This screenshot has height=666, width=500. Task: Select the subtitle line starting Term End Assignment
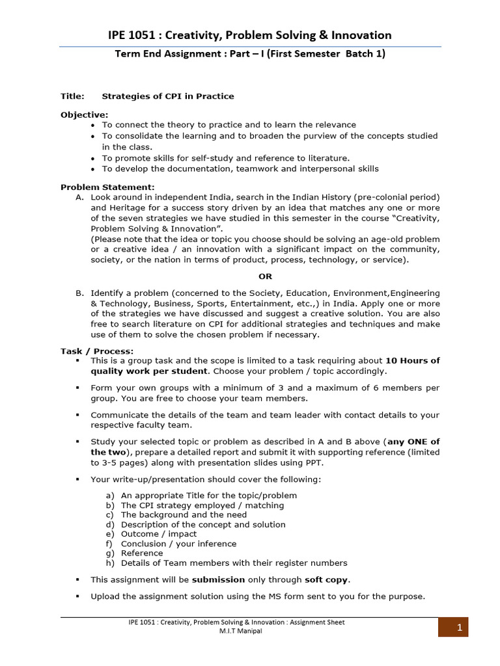tap(250, 54)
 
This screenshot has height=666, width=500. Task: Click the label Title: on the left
tap(72, 96)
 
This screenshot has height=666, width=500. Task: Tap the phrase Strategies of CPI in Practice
tap(168, 96)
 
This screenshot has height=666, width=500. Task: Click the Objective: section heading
tap(85, 114)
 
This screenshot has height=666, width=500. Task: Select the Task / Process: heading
tap(96, 351)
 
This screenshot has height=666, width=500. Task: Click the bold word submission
tap(218, 579)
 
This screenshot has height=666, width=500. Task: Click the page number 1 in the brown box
tap(459, 628)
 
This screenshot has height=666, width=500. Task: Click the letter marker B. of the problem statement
tap(79, 294)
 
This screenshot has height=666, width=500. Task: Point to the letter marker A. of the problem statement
tap(79, 197)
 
